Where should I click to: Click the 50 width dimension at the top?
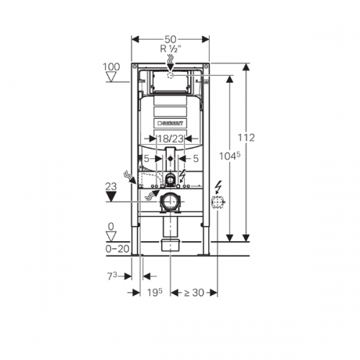(x=171, y=39)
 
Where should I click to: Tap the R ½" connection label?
(x=171, y=49)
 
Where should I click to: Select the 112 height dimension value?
(x=246, y=138)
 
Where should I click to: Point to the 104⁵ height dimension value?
(x=230, y=156)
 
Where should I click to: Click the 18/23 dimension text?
(x=171, y=139)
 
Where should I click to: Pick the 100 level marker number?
(x=111, y=67)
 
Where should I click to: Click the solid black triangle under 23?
(x=111, y=197)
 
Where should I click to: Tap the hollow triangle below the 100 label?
(x=111, y=77)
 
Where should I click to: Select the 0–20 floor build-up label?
(x=117, y=249)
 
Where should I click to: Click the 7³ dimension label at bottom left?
(x=112, y=276)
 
